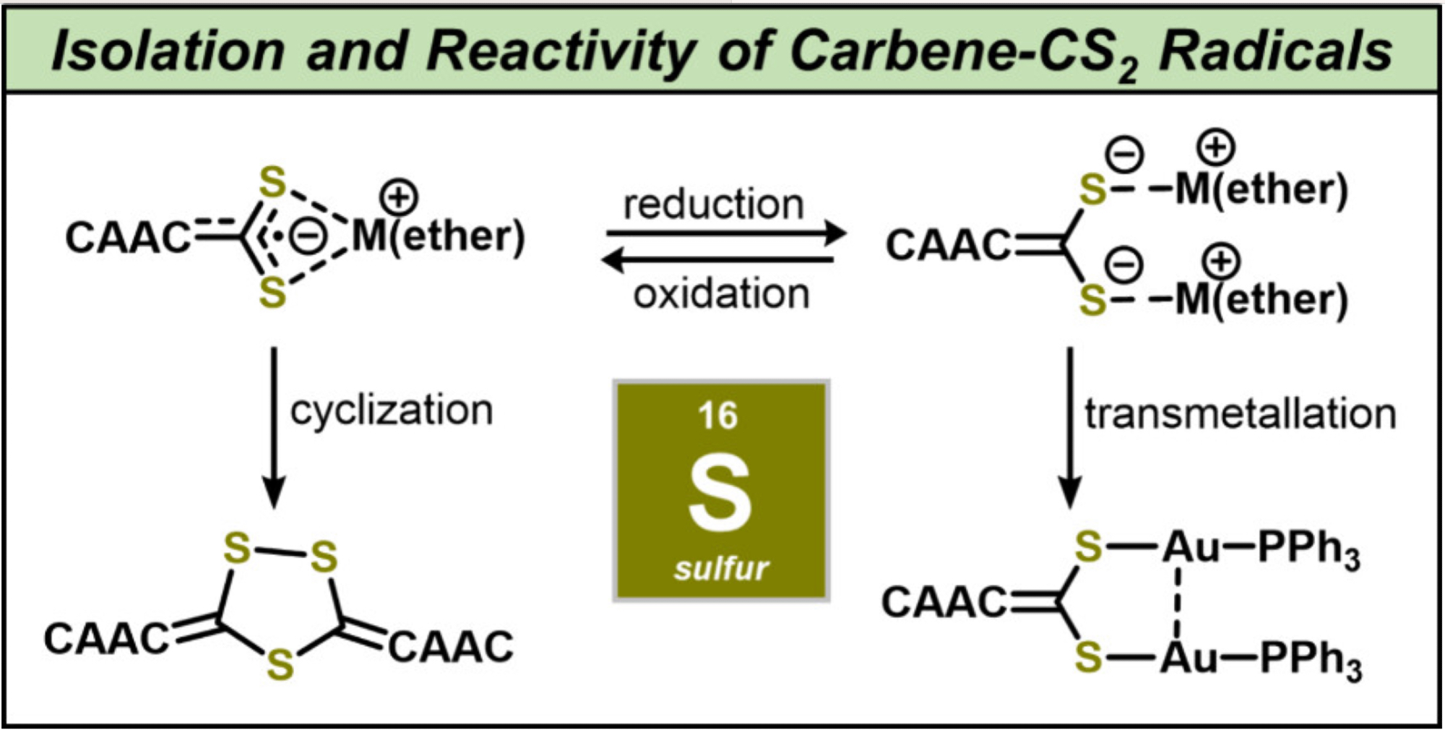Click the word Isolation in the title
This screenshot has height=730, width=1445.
[168, 51]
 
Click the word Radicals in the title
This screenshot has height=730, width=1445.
[1275, 51]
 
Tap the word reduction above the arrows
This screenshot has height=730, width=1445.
[714, 205]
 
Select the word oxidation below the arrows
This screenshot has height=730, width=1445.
[721, 294]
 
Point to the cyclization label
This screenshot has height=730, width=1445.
[391, 411]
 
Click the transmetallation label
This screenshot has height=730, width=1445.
[1240, 415]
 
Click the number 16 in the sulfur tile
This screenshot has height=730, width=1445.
[717, 416]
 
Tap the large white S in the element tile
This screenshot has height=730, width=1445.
[720, 494]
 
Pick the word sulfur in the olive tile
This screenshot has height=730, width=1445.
[720, 569]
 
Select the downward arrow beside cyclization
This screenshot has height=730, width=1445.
[274, 426]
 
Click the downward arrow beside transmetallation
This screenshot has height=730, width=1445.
[1069, 426]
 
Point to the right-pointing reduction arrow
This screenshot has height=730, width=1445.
[726, 233]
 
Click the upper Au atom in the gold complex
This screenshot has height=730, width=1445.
[1190, 547]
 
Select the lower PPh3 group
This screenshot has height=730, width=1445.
[1311, 660]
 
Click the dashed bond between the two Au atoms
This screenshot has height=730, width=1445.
[1178, 603]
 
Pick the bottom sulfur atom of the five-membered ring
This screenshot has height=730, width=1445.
[280, 664]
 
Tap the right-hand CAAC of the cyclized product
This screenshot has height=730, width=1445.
[452, 646]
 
